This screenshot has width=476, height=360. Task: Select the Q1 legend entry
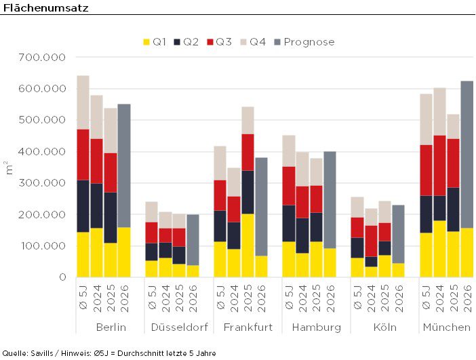154,42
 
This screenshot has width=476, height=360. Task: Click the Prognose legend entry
302,42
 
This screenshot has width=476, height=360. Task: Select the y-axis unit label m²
8,167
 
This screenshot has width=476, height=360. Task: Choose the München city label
446,327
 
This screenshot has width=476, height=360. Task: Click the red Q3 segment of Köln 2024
371,241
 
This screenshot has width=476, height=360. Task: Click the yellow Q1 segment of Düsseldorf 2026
193,271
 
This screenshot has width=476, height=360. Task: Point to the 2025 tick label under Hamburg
317,299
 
